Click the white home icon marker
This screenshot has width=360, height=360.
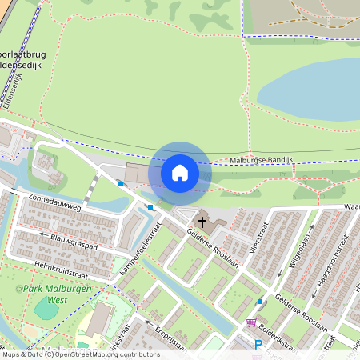[x=180, y=173]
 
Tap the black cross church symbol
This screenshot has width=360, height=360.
[x=202, y=221]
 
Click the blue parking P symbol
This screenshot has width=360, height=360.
[x=258, y=346]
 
